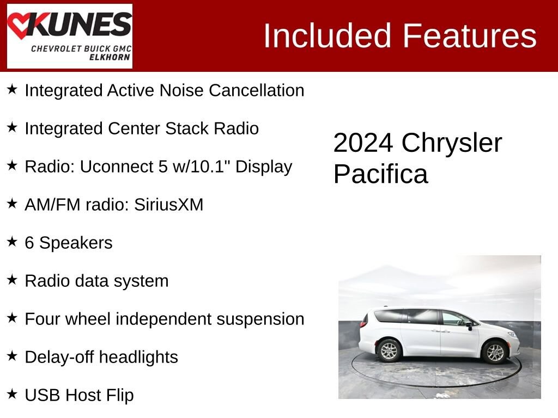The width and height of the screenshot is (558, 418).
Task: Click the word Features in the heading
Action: (x=470, y=36)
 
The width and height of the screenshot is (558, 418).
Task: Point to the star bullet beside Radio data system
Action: (x=12, y=280)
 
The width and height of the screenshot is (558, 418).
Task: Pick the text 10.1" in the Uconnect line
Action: (x=217, y=167)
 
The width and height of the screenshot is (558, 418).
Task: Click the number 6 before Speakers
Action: (x=29, y=243)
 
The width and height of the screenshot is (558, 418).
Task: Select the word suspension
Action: (x=260, y=319)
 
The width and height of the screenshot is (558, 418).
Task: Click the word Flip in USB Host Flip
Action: (x=120, y=395)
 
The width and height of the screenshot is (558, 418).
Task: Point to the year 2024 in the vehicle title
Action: (x=363, y=143)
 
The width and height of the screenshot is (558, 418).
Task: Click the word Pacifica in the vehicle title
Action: (x=380, y=175)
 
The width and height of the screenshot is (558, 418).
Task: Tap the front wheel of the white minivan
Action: (x=495, y=352)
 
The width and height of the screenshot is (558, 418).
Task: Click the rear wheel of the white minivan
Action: (x=389, y=351)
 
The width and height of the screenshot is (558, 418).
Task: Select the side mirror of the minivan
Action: (x=468, y=325)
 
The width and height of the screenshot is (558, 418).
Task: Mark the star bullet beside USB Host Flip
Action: (x=12, y=394)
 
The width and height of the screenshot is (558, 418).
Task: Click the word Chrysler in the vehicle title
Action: (x=452, y=143)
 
